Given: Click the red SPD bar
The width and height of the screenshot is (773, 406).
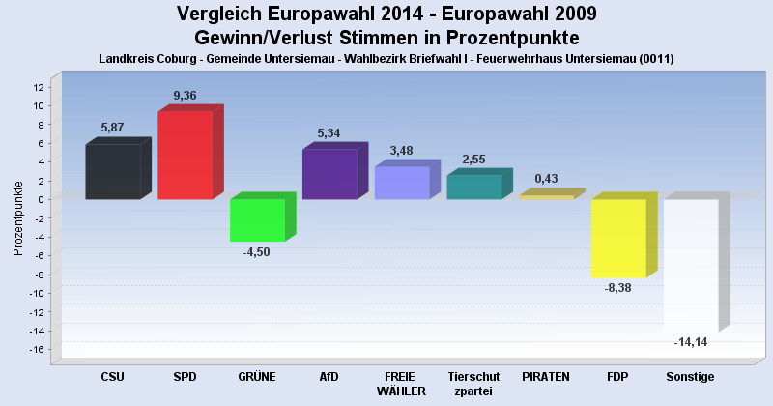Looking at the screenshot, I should [185, 156].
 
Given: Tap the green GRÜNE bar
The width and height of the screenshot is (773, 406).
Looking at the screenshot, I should [257, 219].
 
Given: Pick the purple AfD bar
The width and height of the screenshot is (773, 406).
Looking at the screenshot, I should [329, 174].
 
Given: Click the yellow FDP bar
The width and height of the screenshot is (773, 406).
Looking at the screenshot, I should [618, 238].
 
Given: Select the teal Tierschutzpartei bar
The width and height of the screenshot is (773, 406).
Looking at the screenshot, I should [473, 187].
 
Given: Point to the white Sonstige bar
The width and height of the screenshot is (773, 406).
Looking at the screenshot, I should [691, 265].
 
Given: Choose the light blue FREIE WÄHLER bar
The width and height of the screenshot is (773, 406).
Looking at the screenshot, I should [402, 183].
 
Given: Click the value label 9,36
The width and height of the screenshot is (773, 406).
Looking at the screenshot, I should [186, 95].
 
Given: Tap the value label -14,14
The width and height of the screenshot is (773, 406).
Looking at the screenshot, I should [690, 342].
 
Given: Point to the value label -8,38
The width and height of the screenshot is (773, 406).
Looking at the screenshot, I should [618, 288].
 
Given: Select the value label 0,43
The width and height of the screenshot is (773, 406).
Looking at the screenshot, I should [546, 178].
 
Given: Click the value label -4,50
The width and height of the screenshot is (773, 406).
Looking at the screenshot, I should [257, 252].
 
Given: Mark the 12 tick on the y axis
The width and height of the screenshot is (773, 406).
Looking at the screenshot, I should [39, 87].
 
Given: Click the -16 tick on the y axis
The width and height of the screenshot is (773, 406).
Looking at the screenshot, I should [37, 350].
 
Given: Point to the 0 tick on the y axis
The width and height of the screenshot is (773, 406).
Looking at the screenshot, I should [42, 199].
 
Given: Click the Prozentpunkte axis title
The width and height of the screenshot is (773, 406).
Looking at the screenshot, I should [18, 217].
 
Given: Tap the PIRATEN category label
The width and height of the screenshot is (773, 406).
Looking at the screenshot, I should [546, 376].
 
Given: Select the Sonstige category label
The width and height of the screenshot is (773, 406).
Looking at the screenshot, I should [690, 376].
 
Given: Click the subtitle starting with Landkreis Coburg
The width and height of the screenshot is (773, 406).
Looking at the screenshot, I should [386, 59].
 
